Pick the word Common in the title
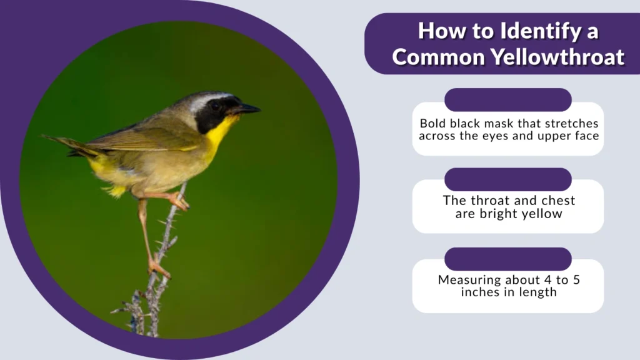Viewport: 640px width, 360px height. pyautogui.click(x=437, y=57)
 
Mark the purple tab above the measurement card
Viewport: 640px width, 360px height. pyautogui.click(x=507, y=259)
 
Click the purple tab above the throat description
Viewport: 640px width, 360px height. pyautogui.click(x=507, y=179)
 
